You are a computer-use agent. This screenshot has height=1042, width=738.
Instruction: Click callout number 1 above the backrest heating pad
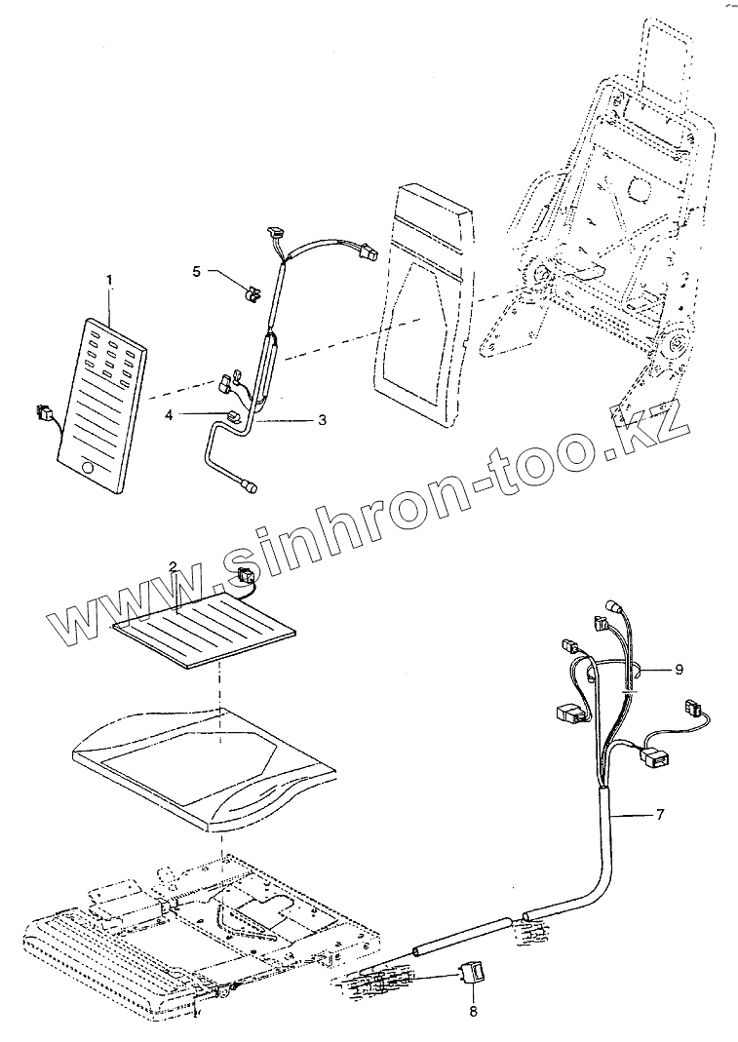click(109, 280)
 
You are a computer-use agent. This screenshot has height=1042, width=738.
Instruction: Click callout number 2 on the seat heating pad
click(172, 567)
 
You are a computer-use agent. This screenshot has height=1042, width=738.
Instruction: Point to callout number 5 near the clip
click(196, 272)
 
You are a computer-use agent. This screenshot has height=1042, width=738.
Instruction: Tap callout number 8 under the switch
click(474, 1012)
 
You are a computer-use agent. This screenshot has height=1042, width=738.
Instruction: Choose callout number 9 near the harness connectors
click(679, 669)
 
